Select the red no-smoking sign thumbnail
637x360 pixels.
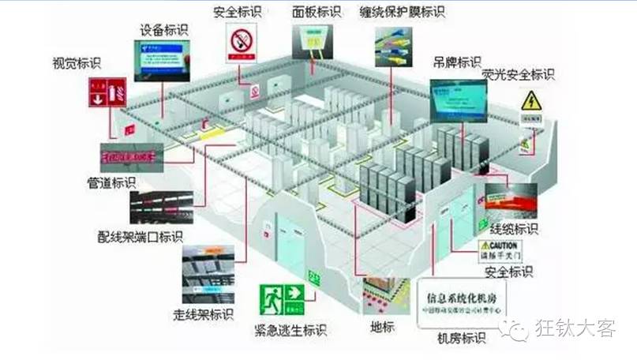pyautogui.click(x=240, y=42)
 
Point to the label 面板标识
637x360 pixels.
pyautogui.click(x=316, y=12)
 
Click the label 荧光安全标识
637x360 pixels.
pyautogui.click(x=518, y=75)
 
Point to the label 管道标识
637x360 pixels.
pyautogui.click(x=111, y=183)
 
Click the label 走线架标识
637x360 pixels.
pyautogui.click(x=203, y=314)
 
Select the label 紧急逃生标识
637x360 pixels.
pyautogui.click(x=290, y=330)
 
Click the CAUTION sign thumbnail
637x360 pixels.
pyautogui.click(x=502, y=250)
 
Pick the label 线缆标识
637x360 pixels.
pyautogui.click(x=514, y=230)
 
